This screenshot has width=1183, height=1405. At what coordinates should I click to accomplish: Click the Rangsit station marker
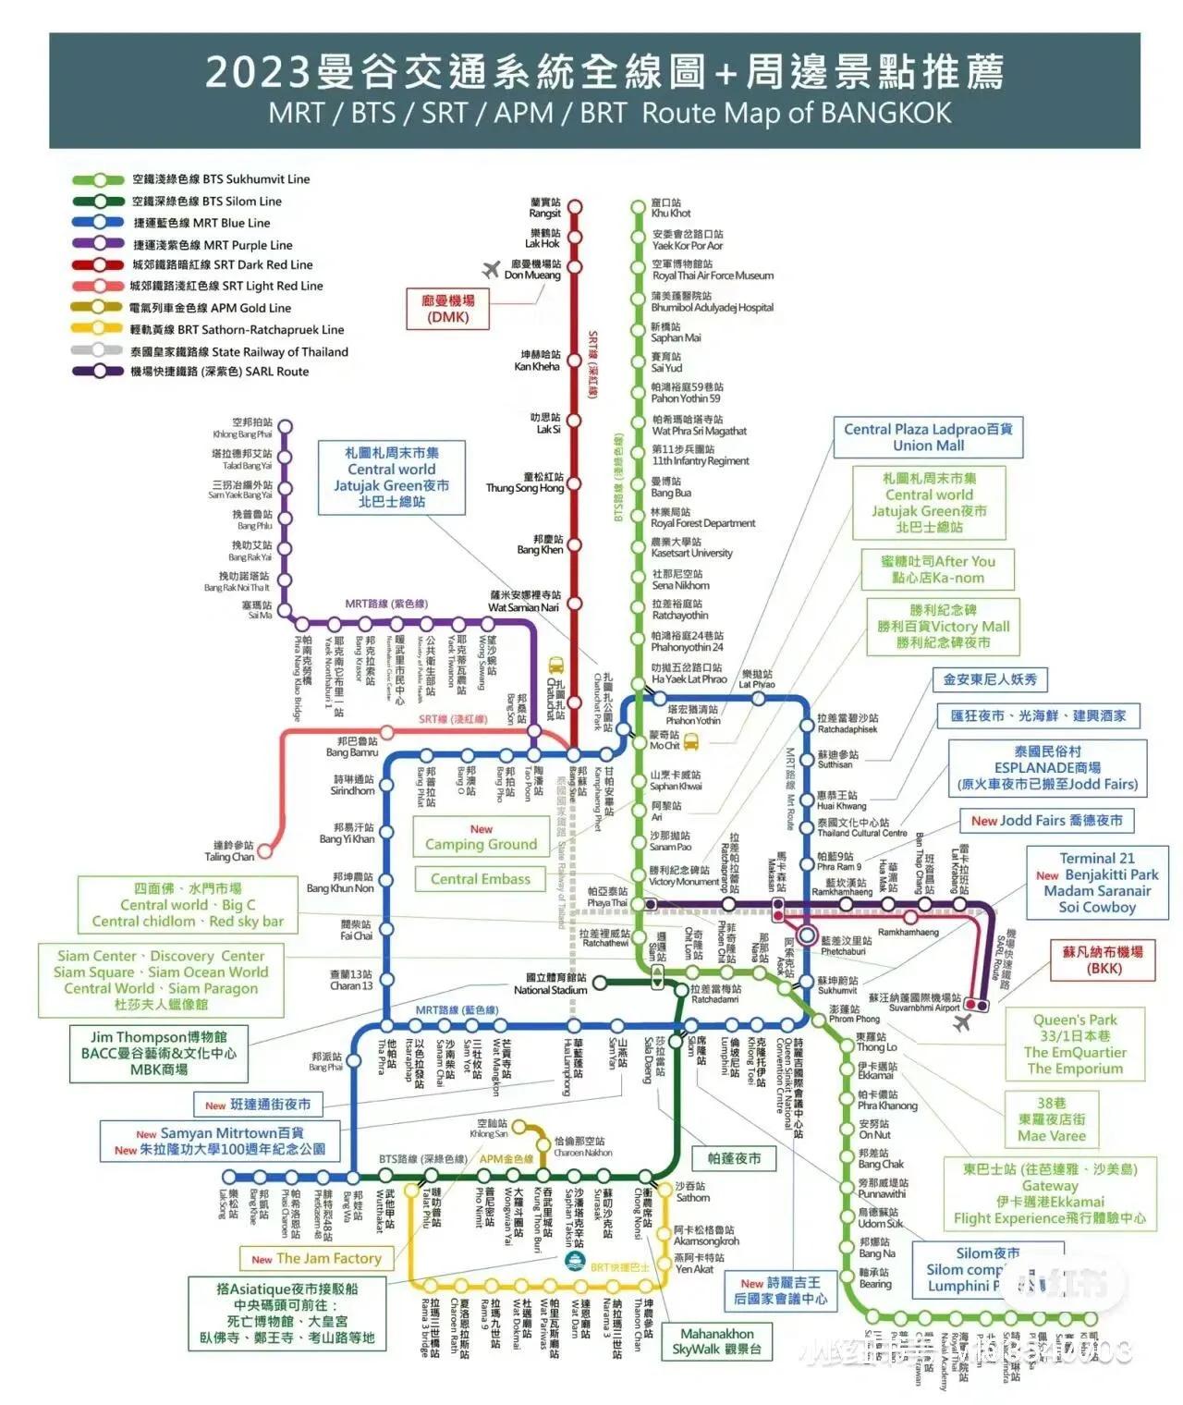point(575,206)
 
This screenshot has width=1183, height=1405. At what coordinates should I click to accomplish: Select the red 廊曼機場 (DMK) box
point(448,309)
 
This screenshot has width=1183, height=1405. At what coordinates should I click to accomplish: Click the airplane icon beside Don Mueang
point(492,269)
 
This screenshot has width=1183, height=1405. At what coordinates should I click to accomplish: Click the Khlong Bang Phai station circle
point(286,427)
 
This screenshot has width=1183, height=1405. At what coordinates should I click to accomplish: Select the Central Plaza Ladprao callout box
point(928,437)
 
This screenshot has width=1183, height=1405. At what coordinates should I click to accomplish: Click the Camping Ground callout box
point(481,837)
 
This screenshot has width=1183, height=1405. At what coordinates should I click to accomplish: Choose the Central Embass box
point(481,879)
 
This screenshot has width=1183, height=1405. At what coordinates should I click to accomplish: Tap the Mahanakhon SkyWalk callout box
point(716,1341)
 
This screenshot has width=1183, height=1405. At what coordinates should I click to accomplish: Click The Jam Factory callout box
point(317,1258)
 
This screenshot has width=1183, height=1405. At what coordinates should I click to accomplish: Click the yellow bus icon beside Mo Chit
point(690,741)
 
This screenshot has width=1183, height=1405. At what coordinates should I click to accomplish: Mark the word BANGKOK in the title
point(885,113)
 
